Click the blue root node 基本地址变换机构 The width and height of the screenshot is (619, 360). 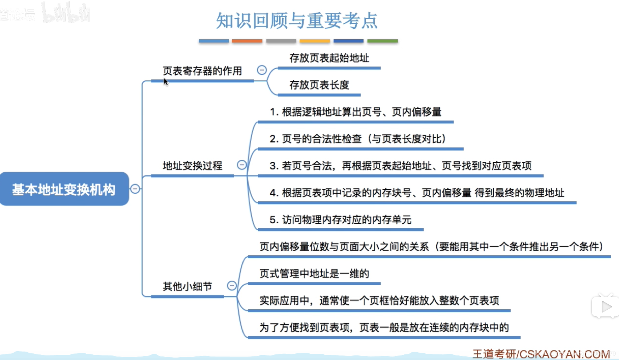pyautogui.click(x=64, y=189)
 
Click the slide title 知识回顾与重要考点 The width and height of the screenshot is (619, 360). pyautogui.click(x=297, y=20)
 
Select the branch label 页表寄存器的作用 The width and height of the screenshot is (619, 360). pyautogui.click(x=202, y=71)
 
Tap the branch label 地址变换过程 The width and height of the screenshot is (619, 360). pyautogui.click(x=192, y=165)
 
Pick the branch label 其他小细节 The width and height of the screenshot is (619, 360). pyautogui.click(x=187, y=286)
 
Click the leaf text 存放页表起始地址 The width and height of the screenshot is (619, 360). pyautogui.click(x=329, y=58)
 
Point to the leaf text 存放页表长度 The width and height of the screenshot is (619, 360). pyautogui.click(x=319, y=85)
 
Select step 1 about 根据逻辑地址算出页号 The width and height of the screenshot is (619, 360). pyautogui.click(x=355, y=112)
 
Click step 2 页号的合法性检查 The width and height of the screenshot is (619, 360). pyautogui.click(x=358, y=139)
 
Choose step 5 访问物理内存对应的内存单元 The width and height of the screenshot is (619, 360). pyautogui.click(x=340, y=219)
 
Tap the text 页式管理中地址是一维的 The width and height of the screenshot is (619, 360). pyautogui.click(x=314, y=273)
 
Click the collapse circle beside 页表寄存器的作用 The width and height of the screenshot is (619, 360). pyautogui.click(x=262, y=70)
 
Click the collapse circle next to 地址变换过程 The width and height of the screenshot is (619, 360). pyautogui.click(x=242, y=165)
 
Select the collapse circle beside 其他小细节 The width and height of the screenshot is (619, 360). pyautogui.click(x=232, y=286)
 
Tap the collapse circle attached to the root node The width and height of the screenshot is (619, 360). pyautogui.click(x=135, y=189)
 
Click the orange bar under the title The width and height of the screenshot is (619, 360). pyautogui.click(x=247, y=41)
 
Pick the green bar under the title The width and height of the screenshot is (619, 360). pyautogui.click(x=383, y=41)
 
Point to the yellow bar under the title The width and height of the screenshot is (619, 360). pyautogui.click(x=315, y=41)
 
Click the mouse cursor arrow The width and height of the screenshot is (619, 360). pyautogui.click(x=166, y=82)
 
